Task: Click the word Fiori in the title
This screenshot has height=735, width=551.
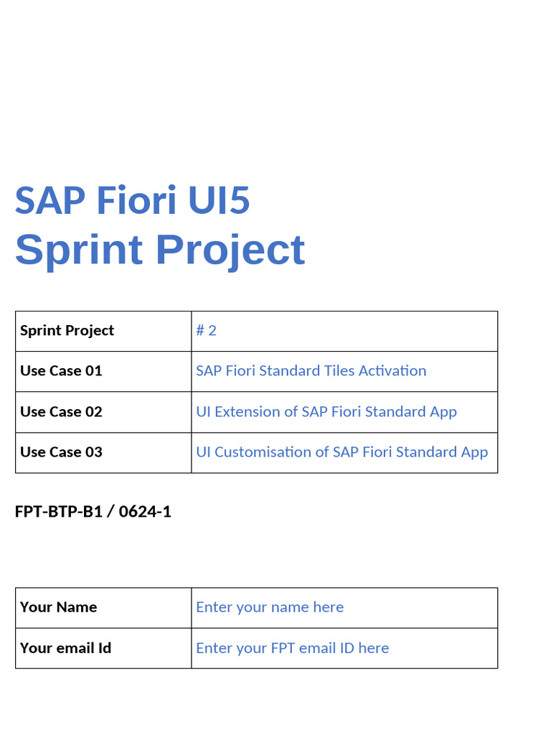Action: click(x=136, y=200)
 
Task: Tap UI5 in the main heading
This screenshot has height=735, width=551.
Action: click(x=219, y=200)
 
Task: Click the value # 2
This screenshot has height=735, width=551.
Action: click(x=206, y=331)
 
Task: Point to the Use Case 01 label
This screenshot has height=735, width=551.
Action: click(x=61, y=371)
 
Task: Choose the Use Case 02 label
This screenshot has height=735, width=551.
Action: click(x=61, y=412)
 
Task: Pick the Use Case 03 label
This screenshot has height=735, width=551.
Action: click(x=61, y=452)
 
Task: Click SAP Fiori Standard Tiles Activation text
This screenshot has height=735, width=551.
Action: click(x=311, y=371)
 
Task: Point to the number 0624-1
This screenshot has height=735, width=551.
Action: click(x=145, y=512)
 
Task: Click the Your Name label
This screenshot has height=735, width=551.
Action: click(x=58, y=607)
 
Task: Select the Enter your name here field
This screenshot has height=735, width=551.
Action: click(x=270, y=607)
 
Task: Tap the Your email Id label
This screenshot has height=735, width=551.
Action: click(x=65, y=648)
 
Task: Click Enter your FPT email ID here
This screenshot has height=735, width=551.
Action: click(x=292, y=648)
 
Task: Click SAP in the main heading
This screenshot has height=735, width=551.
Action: click(x=50, y=200)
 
